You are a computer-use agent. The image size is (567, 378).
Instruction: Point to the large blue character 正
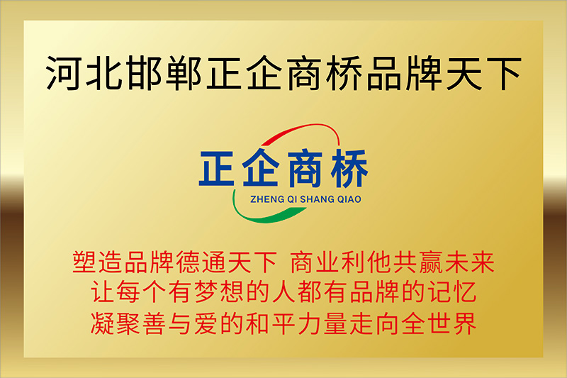pos(217,169)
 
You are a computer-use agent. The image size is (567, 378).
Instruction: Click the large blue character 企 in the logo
pos(261,168)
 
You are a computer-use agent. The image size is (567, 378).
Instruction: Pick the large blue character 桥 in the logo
pos(349,168)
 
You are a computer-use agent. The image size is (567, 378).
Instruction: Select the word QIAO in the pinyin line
pos(349,199)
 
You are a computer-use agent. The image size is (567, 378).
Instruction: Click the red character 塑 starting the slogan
pos(84,262)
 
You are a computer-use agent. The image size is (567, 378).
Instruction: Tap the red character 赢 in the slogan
pos(431,262)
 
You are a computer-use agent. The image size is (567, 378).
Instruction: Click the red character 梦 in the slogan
pos(206,292)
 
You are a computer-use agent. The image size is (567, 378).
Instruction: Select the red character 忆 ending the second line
pos(464,292)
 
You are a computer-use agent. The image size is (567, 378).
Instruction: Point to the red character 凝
pos(103,323)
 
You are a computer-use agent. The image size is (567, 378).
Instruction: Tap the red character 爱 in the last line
pos(206,323)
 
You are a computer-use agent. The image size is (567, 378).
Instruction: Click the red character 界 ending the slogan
pos(464,323)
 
